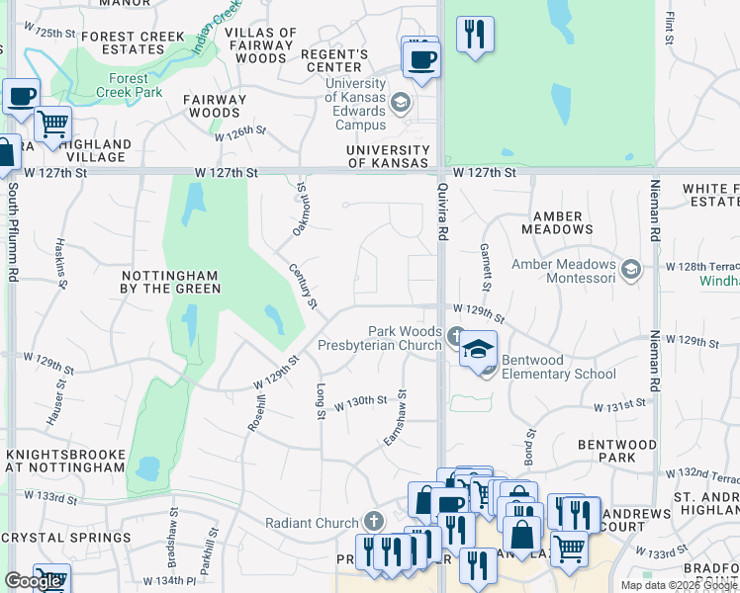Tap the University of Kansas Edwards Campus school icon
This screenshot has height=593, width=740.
point(401,102)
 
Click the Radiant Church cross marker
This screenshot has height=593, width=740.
point(373,520)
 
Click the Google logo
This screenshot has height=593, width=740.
point(33,581)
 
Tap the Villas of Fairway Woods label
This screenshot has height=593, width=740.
point(261,45)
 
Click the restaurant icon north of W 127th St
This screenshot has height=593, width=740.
point(476,35)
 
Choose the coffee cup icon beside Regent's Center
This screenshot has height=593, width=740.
point(420,59)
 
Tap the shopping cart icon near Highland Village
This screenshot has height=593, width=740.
point(52,125)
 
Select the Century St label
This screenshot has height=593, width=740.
point(303,286)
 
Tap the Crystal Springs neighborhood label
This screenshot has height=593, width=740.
point(66,538)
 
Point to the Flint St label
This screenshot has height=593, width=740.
point(670,28)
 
